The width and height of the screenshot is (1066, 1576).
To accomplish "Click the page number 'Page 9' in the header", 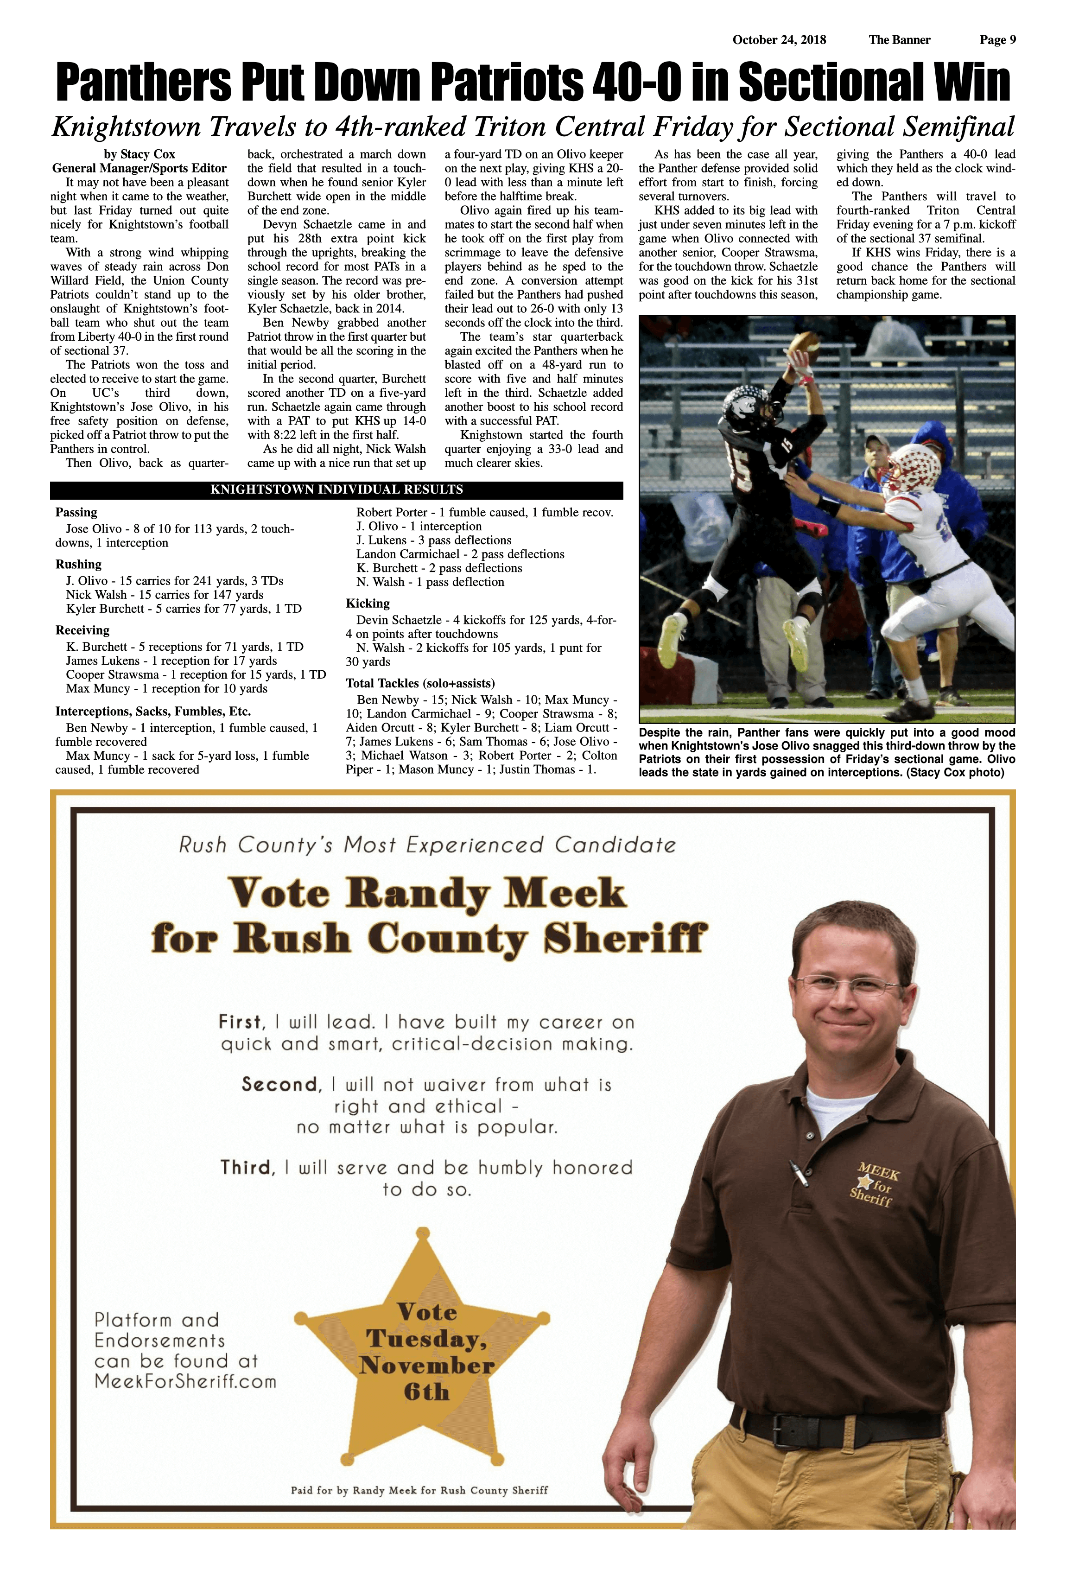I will [x=997, y=40].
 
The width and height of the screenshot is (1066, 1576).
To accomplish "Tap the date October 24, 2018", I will [x=779, y=40].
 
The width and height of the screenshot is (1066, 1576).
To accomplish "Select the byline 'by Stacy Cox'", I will [x=139, y=154].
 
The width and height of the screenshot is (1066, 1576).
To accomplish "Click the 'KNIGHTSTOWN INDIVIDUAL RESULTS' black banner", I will [x=336, y=489].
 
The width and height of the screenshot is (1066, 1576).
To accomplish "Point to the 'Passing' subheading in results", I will [x=76, y=513].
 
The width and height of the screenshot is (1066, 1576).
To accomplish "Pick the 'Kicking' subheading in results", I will [x=368, y=604].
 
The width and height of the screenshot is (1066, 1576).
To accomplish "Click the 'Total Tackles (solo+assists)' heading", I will [x=420, y=683].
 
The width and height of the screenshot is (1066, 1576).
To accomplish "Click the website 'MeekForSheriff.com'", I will [x=185, y=1381].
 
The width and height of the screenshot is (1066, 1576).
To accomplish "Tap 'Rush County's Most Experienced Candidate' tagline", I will [x=427, y=845].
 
